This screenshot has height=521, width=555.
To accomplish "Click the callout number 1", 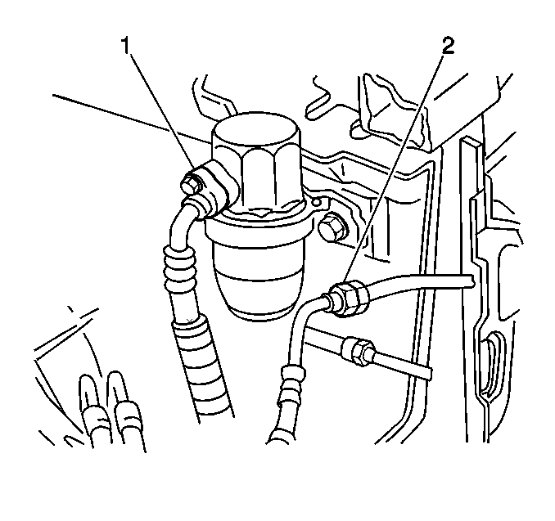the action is [x=126, y=47].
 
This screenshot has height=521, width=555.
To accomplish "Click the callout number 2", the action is [x=448, y=46].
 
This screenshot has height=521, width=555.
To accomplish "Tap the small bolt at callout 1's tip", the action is [x=190, y=183].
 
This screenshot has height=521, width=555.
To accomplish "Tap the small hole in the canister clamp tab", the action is [x=318, y=203].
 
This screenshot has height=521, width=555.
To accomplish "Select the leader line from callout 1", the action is [x=162, y=115].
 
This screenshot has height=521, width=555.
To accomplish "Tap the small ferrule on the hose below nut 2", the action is [x=293, y=373].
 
